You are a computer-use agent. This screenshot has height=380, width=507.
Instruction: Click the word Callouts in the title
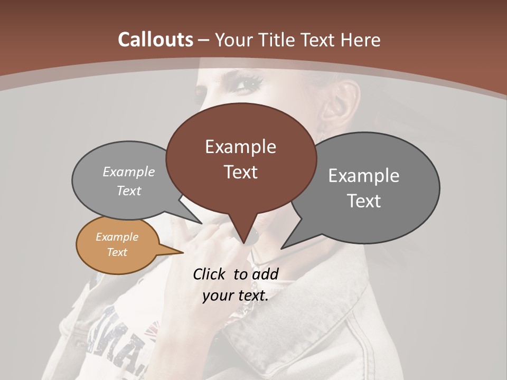(155, 40)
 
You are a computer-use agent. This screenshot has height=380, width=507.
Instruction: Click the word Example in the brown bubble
(240, 147)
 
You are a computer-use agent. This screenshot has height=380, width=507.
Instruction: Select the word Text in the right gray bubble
(364, 201)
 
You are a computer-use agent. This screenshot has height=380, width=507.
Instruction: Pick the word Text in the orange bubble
(117, 252)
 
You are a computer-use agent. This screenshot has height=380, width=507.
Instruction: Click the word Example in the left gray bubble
(129, 172)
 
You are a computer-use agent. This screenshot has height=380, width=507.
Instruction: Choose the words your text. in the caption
(236, 295)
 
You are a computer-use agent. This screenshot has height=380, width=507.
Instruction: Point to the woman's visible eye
(248, 83)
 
